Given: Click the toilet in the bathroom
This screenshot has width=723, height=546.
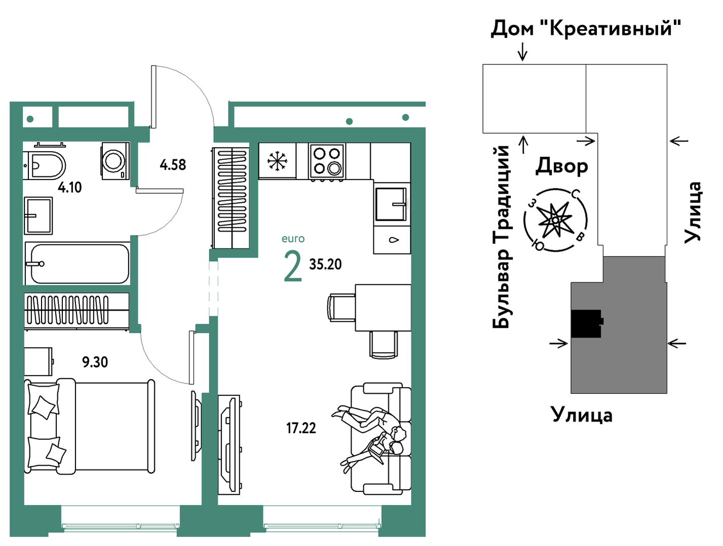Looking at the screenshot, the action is (45, 165).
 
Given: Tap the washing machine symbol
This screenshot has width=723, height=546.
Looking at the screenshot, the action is (116, 161).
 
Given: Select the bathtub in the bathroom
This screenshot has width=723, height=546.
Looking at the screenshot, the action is (78, 264).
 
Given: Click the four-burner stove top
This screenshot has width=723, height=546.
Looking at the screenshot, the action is (327, 161).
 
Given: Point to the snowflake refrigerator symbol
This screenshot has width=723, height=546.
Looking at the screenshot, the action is (277, 161).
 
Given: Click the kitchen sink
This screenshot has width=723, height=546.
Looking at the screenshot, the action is (391, 204).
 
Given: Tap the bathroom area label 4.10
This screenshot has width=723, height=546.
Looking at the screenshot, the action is (69, 187).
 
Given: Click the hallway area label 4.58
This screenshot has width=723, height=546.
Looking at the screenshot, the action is (173, 165).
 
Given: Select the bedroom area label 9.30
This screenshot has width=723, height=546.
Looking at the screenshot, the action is (95, 362).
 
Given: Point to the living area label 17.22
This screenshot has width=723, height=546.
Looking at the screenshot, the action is (301, 428).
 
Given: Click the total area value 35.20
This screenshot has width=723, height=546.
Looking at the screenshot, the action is (325, 264).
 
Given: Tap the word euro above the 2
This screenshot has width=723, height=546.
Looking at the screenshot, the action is (293, 238).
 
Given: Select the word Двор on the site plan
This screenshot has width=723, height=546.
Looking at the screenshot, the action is (561, 166).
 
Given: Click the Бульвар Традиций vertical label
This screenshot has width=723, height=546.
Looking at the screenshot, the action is (501, 237).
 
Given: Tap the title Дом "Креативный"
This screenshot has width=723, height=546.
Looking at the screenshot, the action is (586, 29).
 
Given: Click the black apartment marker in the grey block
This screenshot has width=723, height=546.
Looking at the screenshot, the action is (587, 324).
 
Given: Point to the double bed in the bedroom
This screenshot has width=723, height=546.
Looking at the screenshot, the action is (89, 426).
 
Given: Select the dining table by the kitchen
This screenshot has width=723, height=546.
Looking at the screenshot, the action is (383, 308).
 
